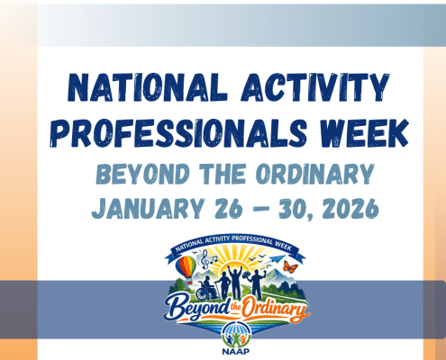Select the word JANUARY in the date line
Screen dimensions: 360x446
click(143, 209)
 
